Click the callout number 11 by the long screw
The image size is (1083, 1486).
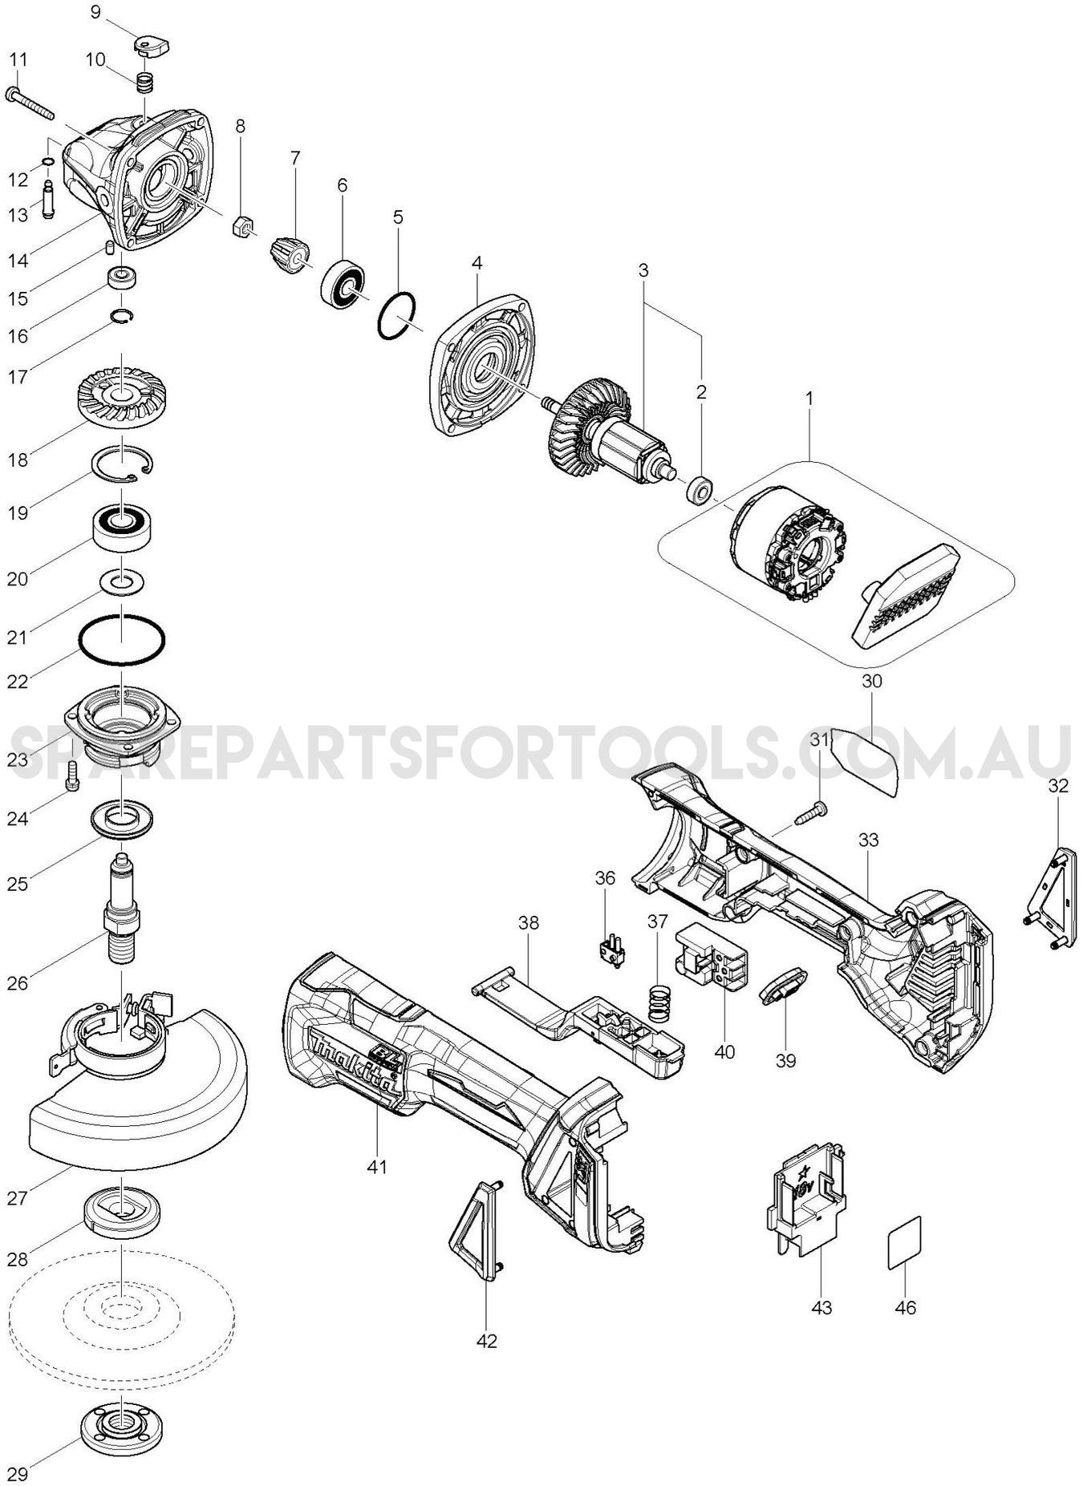(18, 60)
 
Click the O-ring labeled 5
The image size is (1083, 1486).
(396, 316)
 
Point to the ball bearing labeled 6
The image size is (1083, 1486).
(343, 283)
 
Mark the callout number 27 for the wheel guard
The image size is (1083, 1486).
(18, 1198)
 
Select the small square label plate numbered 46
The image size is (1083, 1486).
(904, 1243)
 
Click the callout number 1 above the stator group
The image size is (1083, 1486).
(809, 398)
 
